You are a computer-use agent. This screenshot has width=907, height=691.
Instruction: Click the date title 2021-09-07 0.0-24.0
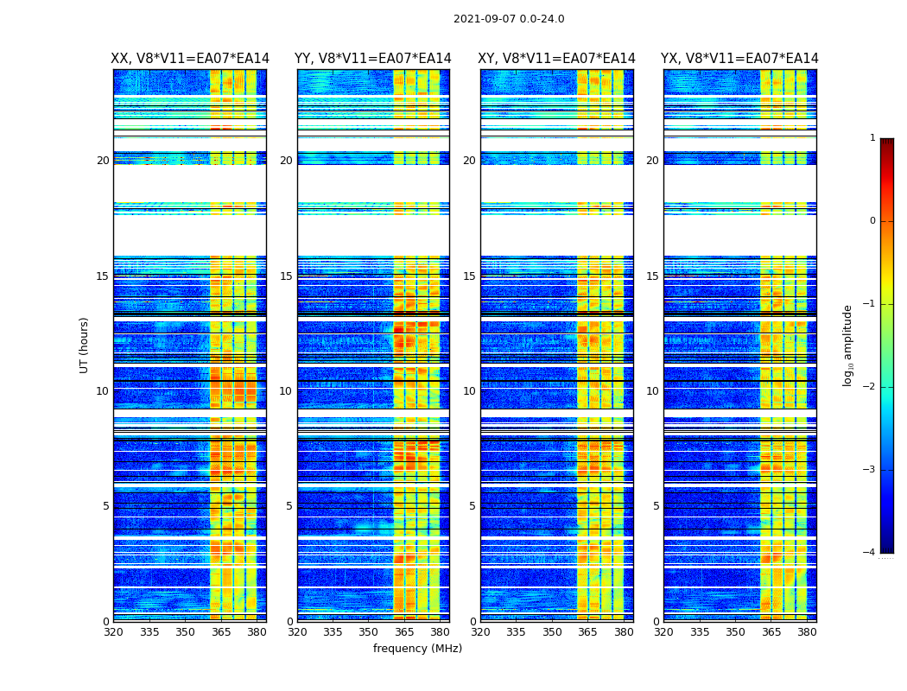509,19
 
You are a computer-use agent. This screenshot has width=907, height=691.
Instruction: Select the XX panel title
190,59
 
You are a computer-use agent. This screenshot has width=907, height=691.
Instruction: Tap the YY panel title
373,59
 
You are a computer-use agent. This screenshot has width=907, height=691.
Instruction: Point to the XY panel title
556,59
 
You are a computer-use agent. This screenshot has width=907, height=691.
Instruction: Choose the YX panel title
739,59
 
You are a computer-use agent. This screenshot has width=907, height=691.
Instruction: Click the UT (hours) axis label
84,345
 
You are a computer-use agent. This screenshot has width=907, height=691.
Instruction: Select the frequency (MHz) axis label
417,649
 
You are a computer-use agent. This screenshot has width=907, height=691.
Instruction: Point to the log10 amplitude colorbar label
848,345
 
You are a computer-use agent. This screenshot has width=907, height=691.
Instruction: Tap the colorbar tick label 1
872,138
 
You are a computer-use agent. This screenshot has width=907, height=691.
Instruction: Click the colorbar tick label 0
872,221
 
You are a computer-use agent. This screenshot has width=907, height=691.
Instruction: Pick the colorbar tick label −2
871,387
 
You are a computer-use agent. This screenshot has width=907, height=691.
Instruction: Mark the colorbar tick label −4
871,553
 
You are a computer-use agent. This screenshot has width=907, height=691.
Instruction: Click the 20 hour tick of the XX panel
103,161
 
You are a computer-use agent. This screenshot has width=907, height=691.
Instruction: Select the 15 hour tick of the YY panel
286,276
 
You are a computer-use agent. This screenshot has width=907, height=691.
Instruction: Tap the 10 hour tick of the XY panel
469,391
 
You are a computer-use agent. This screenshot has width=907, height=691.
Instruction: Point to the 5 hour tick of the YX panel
656,506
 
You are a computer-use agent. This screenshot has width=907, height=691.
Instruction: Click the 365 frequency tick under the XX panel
221,631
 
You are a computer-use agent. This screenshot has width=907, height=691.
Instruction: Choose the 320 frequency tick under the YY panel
297,631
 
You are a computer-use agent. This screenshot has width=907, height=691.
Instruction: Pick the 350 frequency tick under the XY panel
552,631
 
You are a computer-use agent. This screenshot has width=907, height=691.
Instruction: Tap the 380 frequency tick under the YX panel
807,631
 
